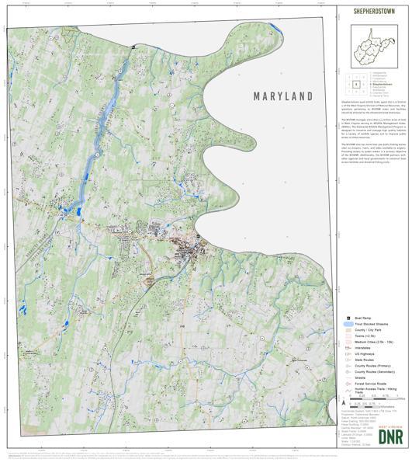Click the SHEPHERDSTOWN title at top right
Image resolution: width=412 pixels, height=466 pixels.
(374, 12)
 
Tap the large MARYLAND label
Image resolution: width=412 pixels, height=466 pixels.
(283, 96)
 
